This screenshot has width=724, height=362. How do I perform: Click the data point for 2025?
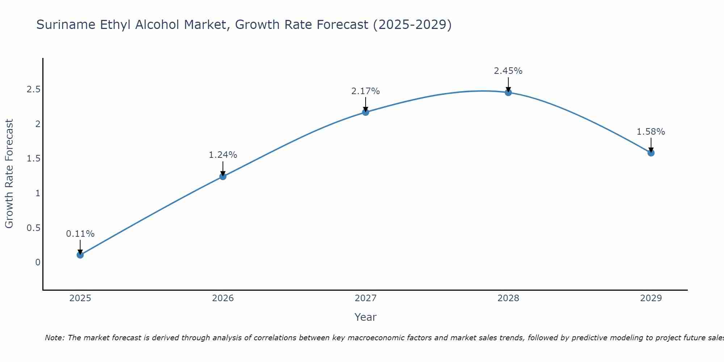80,255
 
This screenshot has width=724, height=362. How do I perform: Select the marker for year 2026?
223,177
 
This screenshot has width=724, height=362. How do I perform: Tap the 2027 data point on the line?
366,112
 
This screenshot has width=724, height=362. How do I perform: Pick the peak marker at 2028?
508,93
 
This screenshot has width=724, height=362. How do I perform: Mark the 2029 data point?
651,153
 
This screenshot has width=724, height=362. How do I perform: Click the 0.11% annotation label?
80,234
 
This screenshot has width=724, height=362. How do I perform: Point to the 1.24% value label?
223,155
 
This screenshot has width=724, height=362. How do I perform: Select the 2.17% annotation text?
366,91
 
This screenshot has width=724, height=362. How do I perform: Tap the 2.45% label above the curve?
508,71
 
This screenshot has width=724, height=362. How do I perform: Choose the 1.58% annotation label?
651,132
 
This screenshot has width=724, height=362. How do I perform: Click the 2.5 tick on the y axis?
33,89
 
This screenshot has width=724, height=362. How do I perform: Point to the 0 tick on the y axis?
38,262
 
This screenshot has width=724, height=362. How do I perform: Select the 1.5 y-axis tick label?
33,159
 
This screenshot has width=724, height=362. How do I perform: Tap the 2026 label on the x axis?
223,298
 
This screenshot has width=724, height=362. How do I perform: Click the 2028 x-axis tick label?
508,298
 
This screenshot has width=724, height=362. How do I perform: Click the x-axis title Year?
366,317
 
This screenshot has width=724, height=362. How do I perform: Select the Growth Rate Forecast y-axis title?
9,174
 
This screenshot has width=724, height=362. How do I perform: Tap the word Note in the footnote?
54,338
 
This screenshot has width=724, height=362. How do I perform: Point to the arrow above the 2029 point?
651,145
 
